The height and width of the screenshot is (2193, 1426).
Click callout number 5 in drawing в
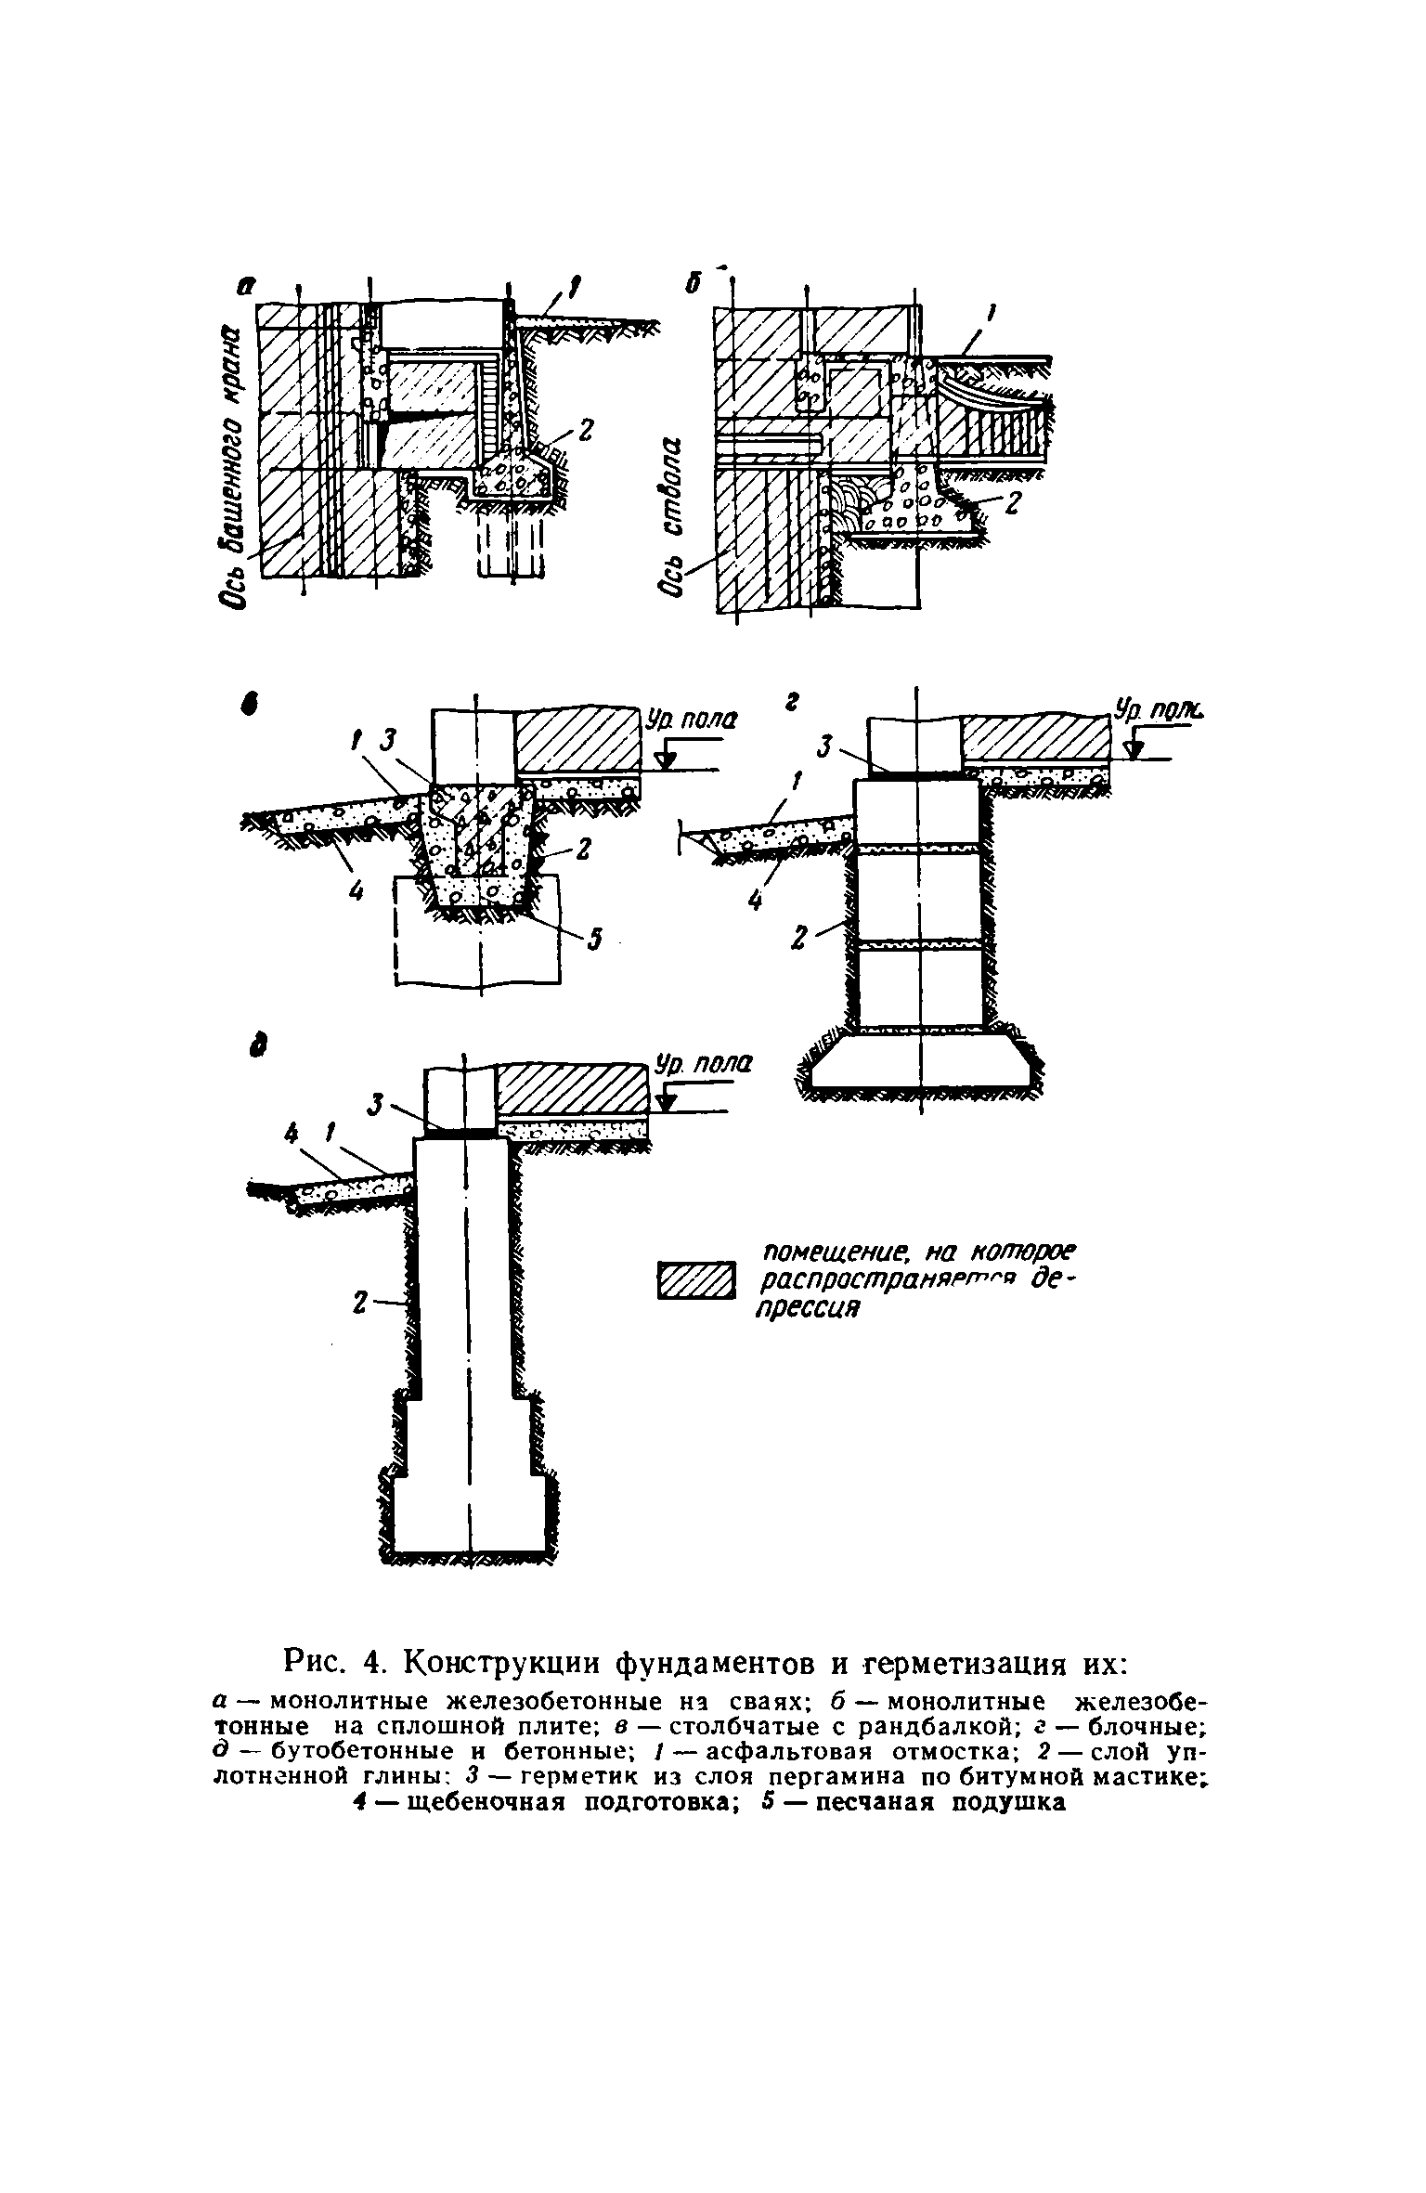pos(596,941)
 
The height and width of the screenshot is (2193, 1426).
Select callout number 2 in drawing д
pos(359,1304)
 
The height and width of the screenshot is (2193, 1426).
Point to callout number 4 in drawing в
pos(354,892)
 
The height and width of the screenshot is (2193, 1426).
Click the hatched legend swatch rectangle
pos(694,1282)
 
